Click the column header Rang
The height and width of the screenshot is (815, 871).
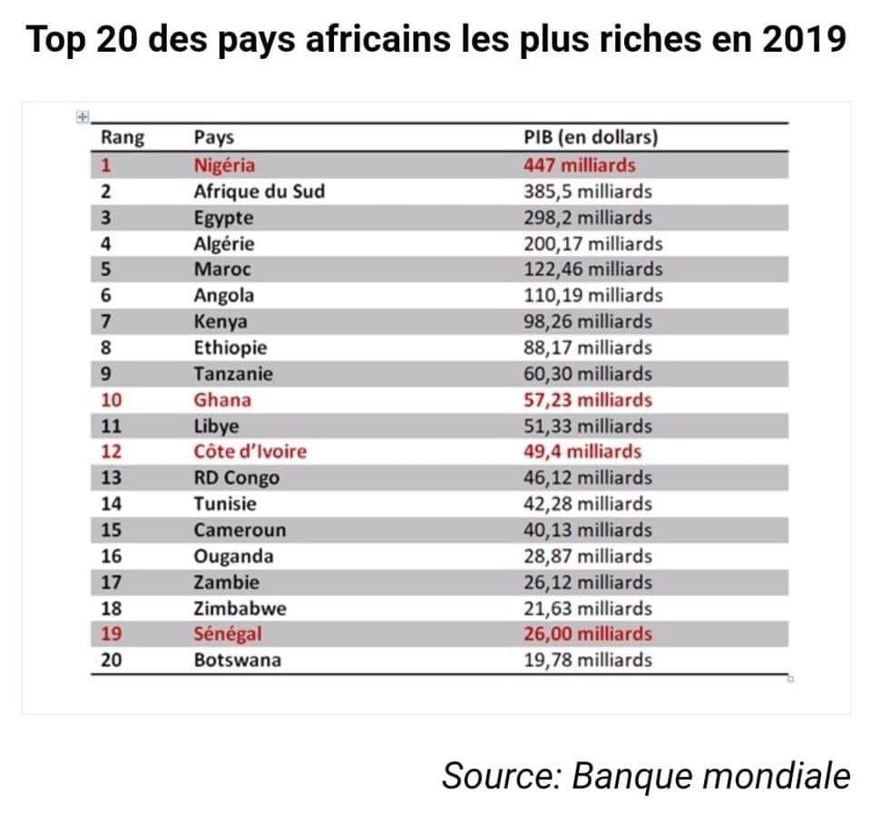[122, 138]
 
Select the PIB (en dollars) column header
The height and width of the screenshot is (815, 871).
[591, 138]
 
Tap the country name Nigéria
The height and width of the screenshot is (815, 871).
[225, 165]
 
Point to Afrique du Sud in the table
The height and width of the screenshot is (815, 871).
[259, 191]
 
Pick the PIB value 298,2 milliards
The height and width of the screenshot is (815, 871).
[587, 218]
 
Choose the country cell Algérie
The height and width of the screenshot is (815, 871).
[224, 243]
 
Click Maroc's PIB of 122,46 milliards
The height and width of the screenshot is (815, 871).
[592, 270]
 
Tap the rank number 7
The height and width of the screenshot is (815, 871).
[106, 321]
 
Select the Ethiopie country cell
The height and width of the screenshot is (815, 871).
[230, 348]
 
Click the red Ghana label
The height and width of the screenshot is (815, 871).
[222, 399]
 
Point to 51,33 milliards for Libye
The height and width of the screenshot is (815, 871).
[587, 426]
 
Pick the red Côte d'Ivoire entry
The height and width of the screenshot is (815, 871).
[250, 451]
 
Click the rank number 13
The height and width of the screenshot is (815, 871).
[111, 477]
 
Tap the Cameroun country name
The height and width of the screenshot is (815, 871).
[240, 530]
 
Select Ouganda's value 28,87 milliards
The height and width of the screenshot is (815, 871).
[587, 555]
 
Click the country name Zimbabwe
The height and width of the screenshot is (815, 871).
[238, 608]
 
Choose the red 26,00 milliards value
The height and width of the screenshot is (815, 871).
[587, 633]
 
